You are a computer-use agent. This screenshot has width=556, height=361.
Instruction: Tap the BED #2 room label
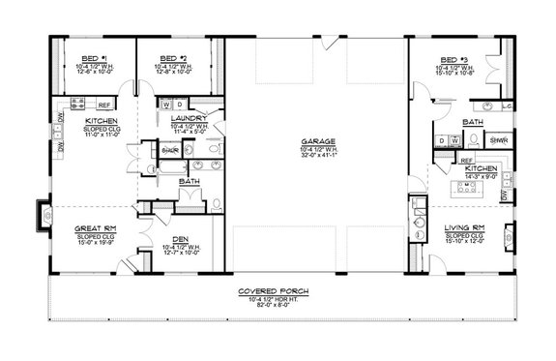[170, 58]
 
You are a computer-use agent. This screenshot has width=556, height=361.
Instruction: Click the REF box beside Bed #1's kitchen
[103, 103]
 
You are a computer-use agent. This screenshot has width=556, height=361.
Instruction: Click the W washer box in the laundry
[165, 104]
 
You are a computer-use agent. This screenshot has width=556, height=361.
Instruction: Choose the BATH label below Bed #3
[473, 123]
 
